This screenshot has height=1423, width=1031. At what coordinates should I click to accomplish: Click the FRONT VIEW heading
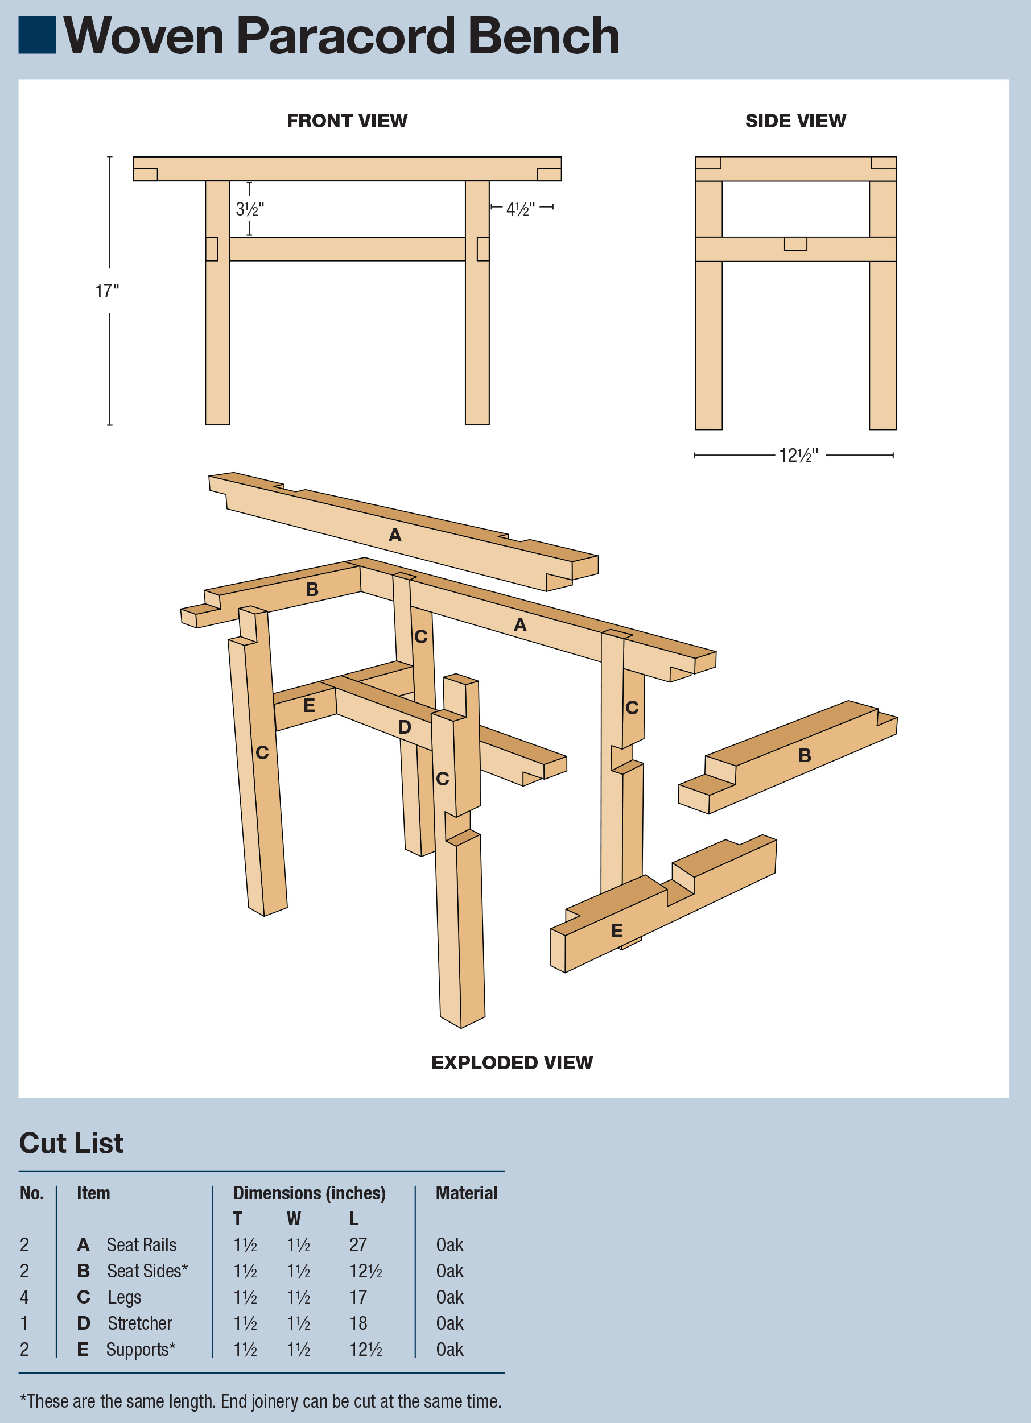347,121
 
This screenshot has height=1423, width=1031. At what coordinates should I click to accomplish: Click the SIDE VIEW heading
795,121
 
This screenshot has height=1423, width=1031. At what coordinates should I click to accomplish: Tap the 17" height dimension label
106,291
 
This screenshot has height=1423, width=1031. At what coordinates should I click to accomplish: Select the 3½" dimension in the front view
250,209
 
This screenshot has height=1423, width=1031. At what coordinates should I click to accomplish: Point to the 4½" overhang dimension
521,208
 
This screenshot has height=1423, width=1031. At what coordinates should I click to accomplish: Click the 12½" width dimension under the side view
798,456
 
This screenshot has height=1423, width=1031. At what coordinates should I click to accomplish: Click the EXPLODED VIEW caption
512,1062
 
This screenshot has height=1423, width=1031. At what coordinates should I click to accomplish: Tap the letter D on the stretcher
404,727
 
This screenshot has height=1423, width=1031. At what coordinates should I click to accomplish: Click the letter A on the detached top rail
394,535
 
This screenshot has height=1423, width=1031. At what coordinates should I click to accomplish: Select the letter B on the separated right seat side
805,755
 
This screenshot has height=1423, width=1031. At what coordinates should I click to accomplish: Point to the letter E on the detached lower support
617,931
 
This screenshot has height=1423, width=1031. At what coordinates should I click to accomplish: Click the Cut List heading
71,1143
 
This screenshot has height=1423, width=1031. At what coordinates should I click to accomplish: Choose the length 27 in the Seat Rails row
358,1245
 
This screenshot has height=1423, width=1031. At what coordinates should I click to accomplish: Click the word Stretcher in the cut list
139,1323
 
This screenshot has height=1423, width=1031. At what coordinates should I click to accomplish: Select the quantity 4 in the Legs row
24,1297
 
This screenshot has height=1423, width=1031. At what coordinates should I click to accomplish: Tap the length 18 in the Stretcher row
358,1323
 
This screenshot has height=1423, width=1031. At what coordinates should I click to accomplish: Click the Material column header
465,1193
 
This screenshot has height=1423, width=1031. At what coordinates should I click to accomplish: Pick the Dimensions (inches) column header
310,1193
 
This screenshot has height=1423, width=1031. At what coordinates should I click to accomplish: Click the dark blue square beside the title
37,35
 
